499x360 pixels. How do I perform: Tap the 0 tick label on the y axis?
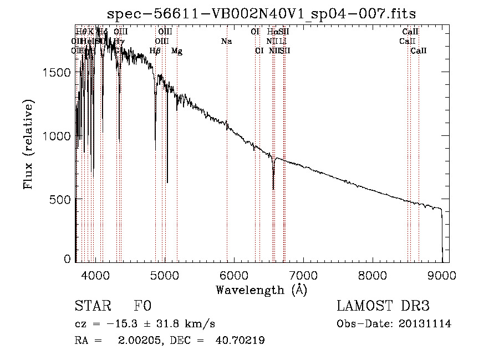point(67,259)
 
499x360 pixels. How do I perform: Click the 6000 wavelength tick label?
point(233,274)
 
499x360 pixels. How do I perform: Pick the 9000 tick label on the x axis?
point(441,274)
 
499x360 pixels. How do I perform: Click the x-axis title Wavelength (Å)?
point(261,290)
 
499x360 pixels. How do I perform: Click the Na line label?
point(226,41)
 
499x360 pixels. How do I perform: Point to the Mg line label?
point(177,51)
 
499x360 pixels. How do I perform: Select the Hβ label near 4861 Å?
point(155,51)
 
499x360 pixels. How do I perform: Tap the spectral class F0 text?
point(142,306)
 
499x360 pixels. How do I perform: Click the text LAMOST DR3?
point(383,306)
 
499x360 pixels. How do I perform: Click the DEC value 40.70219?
point(240,341)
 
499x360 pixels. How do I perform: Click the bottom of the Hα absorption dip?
point(273,189)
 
